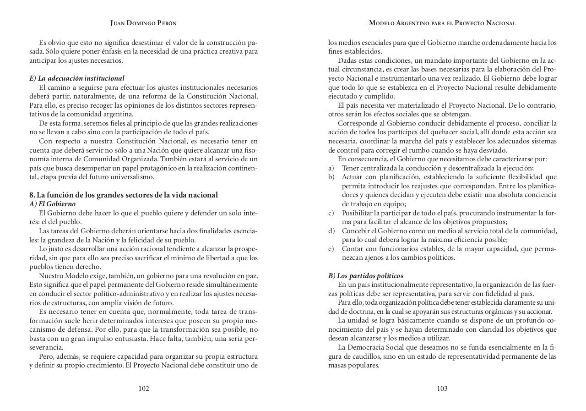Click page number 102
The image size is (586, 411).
click(x=144, y=389)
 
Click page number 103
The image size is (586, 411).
click(x=442, y=389)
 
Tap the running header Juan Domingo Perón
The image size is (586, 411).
click(x=143, y=23)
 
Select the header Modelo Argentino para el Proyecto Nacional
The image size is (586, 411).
click(x=442, y=23)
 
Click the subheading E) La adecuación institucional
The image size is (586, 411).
click(x=77, y=78)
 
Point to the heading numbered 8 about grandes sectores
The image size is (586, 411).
click(x=124, y=195)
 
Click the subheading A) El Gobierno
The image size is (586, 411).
click(x=53, y=204)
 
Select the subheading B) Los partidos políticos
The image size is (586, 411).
click(x=366, y=276)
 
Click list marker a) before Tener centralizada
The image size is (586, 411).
click(x=331, y=168)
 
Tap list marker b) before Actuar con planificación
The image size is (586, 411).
click(x=331, y=177)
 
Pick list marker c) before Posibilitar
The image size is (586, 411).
click(x=331, y=213)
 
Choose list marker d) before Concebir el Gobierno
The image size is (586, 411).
click(x=331, y=231)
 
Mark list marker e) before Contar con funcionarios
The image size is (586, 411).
click(x=331, y=249)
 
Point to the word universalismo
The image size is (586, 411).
click(x=133, y=177)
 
